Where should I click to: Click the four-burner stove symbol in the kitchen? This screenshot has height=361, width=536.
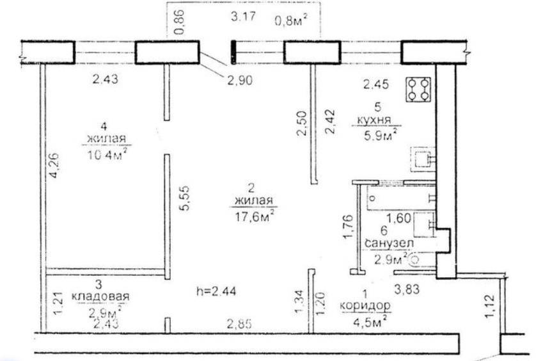coord(418,90)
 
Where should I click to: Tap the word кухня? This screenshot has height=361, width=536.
coord(374,120)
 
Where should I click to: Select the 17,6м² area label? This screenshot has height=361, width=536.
coord(255,216)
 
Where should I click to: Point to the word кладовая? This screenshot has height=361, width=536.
coord(100,296)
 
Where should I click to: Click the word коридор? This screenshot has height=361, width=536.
coord(365,305)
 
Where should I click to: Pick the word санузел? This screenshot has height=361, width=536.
coord(389,243)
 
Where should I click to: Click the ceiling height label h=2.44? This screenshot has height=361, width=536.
coord(216,291)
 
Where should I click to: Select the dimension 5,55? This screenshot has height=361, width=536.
coord(185,198)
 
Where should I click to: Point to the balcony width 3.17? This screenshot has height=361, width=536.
coord(243,16)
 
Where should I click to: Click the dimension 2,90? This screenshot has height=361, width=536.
coord(240,80)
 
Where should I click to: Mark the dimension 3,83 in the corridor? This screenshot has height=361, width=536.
coord(407,289)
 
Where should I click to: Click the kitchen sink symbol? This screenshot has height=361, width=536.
coord(423,159)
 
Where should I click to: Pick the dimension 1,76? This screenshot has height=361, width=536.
coord(349,227)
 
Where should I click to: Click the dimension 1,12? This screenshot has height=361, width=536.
coord(490,307)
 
